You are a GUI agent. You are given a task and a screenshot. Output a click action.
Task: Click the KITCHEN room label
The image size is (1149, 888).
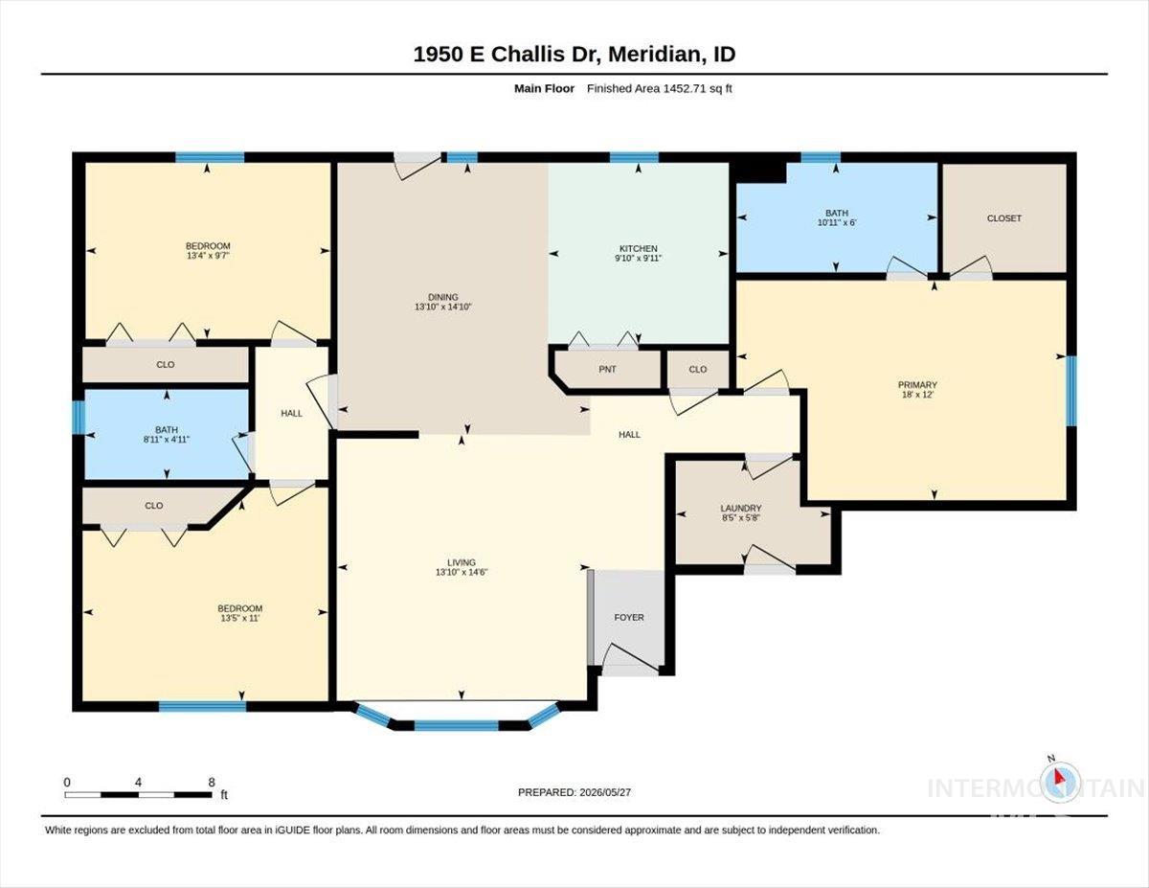(639, 248)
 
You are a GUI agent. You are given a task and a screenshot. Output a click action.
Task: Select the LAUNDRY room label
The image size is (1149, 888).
(741, 509)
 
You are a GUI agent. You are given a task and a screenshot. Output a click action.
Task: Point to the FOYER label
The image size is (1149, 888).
(629, 617)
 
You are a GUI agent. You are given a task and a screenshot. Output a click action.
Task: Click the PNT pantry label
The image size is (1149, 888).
(607, 369)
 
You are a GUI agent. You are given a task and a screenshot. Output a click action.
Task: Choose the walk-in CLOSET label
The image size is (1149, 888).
(1004, 217)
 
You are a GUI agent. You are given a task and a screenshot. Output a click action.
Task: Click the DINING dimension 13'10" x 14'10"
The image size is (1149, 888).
(442, 307)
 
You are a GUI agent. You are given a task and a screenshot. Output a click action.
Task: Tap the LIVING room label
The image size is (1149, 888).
(462, 562)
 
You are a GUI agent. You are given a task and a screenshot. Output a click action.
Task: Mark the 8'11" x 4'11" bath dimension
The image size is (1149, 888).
(166, 440)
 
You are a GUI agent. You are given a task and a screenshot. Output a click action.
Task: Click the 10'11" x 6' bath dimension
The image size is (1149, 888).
(837, 222)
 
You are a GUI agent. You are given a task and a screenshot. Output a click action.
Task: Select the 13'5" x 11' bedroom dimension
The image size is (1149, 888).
(240, 618)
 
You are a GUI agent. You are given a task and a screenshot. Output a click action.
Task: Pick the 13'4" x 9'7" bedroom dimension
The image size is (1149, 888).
(207, 256)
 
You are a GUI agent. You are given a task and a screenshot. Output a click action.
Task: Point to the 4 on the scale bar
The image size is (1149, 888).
(138, 783)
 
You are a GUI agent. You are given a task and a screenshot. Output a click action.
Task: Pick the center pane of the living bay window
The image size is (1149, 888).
(456, 726)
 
